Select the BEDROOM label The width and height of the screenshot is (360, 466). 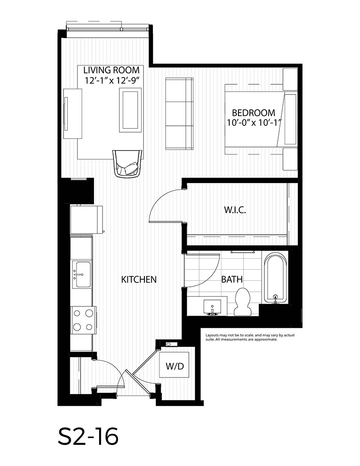coord(253,113)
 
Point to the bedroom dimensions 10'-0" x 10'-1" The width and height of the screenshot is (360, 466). coord(253,123)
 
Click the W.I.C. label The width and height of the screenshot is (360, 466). coord(235,210)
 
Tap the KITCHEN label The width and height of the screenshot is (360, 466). coord(139,280)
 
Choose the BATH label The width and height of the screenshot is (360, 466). coord(232,280)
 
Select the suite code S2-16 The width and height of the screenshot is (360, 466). coord(88,436)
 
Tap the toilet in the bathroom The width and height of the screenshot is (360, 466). coord(243,302)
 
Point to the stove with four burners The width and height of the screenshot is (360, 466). coord(83,320)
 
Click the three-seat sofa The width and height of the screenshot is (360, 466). coord(179,114)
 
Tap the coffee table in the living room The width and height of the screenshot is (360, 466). coord(130,111)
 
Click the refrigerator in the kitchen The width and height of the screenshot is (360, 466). coord(87,219)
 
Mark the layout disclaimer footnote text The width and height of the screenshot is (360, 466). coord(247,337)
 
